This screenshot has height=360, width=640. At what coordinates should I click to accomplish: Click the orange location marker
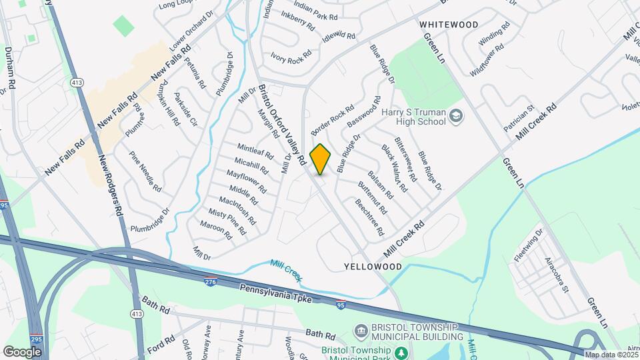321,159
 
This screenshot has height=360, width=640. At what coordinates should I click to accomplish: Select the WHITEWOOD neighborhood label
449,25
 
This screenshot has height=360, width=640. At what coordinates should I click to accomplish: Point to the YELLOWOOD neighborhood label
373,266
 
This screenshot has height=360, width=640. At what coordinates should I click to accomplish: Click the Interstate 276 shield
211,283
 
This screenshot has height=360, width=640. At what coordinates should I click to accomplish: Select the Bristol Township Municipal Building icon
361,331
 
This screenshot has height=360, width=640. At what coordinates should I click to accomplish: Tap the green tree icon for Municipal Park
401,352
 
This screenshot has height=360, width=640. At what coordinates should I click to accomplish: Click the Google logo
22,351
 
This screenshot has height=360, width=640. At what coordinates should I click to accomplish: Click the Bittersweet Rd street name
405,160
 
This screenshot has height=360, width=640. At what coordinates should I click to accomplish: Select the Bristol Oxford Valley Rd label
281,125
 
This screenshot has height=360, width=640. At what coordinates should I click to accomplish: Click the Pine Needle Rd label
145,171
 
